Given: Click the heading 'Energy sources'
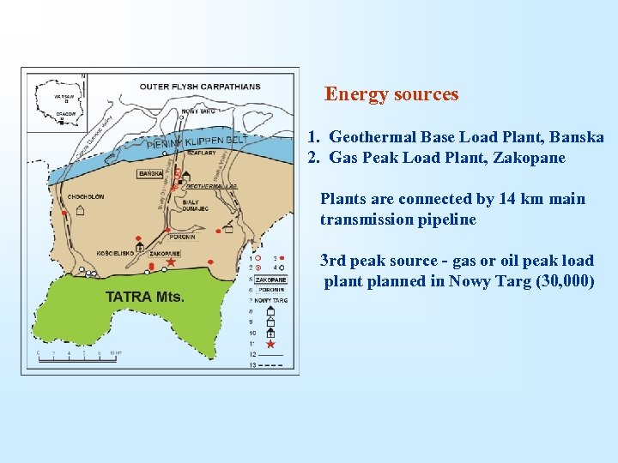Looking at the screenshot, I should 391,94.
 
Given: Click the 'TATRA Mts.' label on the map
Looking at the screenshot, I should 144,297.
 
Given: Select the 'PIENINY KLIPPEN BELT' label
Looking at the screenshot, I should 197,141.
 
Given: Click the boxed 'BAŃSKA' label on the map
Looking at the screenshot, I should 151,174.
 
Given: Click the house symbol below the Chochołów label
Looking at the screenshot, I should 80,210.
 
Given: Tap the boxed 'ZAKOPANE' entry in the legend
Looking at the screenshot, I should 271,280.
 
